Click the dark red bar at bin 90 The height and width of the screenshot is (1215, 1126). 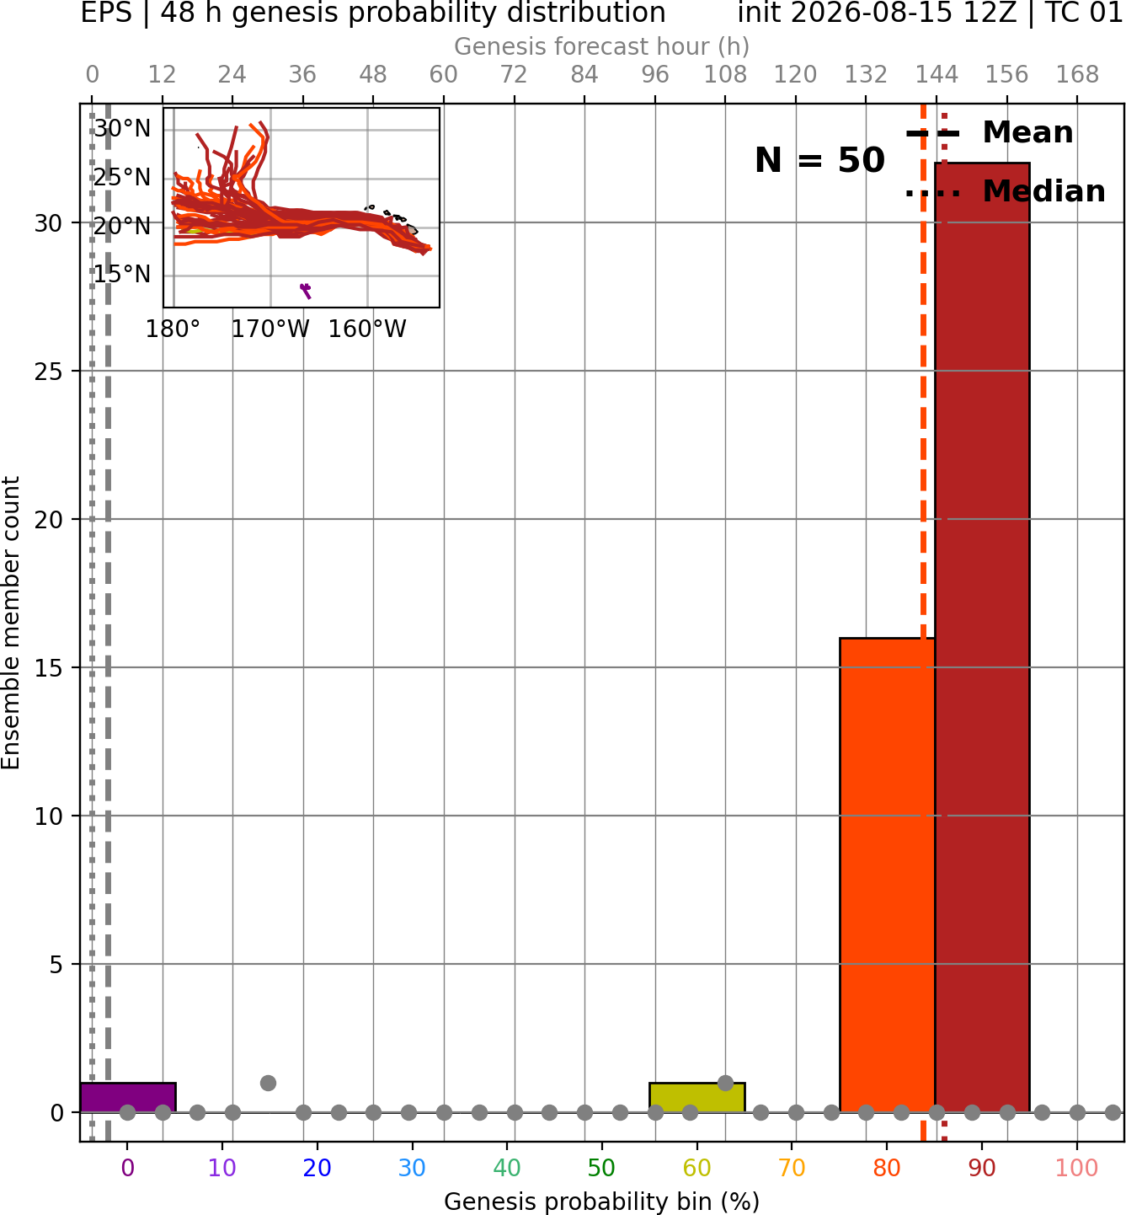point(982,638)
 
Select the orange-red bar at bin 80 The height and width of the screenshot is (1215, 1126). point(888,875)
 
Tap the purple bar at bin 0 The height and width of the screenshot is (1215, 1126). point(128,1098)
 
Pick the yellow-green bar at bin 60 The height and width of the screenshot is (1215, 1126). point(697,1098)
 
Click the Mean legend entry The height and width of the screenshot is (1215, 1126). point(989,132)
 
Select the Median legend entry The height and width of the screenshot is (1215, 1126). point(1006,191)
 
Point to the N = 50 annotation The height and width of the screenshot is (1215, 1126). point(819,160)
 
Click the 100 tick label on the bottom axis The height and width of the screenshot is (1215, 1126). point(1077,1168)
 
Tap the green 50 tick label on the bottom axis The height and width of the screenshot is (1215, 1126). point(601,1168)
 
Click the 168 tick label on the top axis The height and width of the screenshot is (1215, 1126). point(1078,75)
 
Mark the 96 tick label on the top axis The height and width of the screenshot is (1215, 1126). point(655,75)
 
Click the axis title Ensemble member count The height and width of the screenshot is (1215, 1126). point(11,623)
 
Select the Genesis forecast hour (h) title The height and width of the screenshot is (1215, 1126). point(602,46)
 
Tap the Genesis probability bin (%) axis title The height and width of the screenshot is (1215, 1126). point(602,1202)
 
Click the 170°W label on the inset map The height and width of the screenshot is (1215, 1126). point(270,329)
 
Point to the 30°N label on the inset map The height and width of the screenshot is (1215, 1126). point(122,128)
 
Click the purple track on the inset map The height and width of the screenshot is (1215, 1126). point(306,291)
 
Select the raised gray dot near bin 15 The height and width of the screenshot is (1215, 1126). point(268,1083)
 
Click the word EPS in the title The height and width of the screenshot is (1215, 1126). point(106,13)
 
